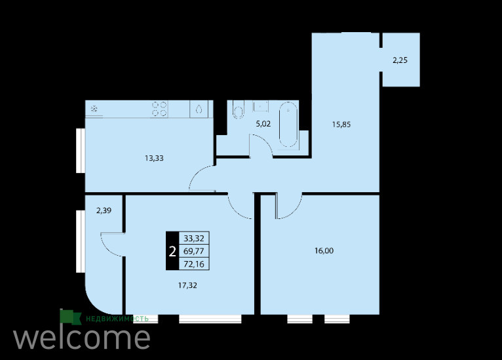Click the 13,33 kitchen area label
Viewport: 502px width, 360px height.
tap(154, 158)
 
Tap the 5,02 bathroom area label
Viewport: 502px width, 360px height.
tap(263, 124)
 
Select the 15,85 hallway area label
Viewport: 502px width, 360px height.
tap(341, 125)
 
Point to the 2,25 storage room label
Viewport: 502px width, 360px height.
tap(400, 60)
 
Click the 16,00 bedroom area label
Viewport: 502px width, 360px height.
tap(324, 250)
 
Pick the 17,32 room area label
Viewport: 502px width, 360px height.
tap(187, 285)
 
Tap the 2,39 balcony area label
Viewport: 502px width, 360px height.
tap(104, 210)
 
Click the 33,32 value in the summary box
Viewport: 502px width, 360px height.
tap(194, 238)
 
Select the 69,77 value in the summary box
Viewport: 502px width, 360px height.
tap(194, 250)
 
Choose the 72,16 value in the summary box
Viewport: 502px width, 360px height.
tap(194, 264)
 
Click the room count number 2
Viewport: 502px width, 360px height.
tap(172, 251)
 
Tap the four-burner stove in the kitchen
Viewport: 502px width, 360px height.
tap(159, 109)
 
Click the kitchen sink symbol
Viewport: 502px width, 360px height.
tap(199, 110)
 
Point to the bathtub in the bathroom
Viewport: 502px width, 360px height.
tap(288, 125)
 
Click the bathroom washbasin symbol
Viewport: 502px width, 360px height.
tap(261, 106)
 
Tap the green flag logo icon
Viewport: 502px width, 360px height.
tap(70, 317)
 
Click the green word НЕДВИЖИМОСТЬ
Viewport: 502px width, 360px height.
tap(117, 319)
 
